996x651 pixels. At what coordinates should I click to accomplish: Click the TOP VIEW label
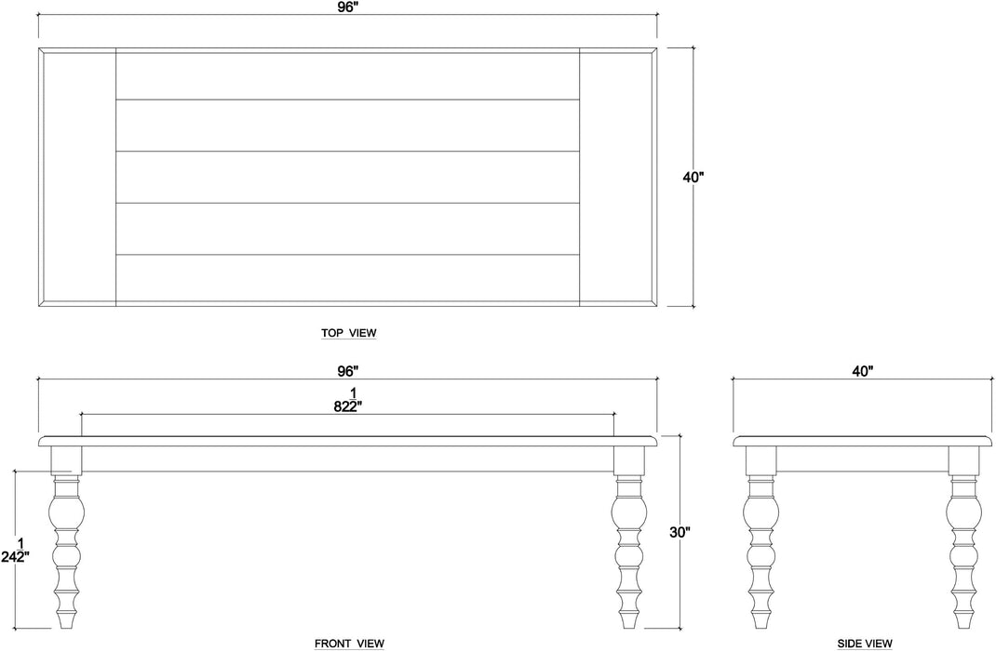349,332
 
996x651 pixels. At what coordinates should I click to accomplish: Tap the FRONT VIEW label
349,643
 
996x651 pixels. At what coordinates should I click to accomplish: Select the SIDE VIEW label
865,643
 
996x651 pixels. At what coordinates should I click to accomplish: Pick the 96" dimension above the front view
347,370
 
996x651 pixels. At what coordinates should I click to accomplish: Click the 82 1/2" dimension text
347,399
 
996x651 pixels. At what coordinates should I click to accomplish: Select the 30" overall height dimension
680,533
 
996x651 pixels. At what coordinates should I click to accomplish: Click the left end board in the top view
77,176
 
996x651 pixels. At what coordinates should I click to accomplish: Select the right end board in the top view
615,176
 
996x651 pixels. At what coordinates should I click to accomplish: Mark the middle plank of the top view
347,177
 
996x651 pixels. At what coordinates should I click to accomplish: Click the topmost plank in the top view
347,76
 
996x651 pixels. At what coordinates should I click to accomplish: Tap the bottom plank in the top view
347,277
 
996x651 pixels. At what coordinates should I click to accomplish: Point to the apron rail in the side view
863,458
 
